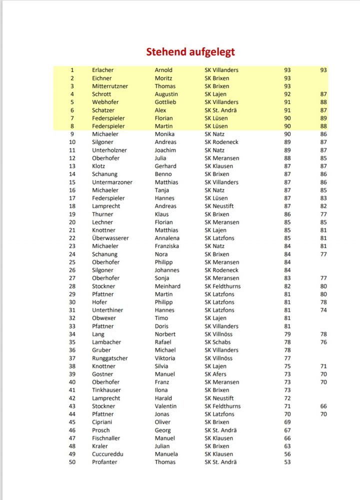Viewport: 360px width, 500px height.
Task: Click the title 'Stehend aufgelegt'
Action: (x=190, y=52)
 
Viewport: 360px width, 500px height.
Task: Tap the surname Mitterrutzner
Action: (x=109, y=86)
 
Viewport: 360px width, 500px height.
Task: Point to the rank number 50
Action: (x=72, y=462)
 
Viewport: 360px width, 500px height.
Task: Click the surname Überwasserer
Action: (x=110, y=238)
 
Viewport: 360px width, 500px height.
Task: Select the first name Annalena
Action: (x=167, y=238)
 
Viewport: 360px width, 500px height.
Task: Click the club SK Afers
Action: (x=215, y=374)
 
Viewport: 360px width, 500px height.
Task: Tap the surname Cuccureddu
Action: (x=107, y=454)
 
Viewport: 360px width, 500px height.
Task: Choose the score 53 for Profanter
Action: (x=287, y=462)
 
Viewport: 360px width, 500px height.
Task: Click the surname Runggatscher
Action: (x=109, y=358)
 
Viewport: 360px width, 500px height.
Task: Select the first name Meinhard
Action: (x=167, y=286)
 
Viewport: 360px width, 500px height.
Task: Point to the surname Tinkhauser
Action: (x=106, y=390)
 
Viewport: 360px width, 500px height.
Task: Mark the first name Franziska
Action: (x=167, y=246)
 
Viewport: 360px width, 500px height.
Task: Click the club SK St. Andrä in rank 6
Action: (x=221, y=110)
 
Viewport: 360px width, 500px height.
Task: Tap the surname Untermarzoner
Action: (x=112, y=182)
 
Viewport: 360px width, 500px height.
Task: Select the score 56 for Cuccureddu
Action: (x=287, y=454)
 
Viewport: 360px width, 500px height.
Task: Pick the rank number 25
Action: (x=72, y=262)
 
